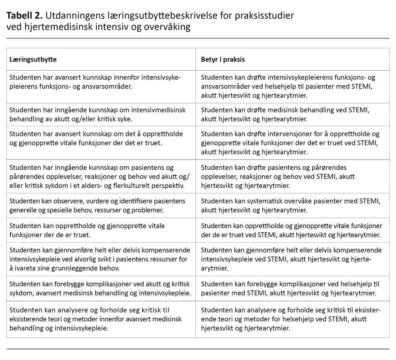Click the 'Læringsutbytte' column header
coord(33,59)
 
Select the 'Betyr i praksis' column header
coord(223,59)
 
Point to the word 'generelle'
coord(22,211)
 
